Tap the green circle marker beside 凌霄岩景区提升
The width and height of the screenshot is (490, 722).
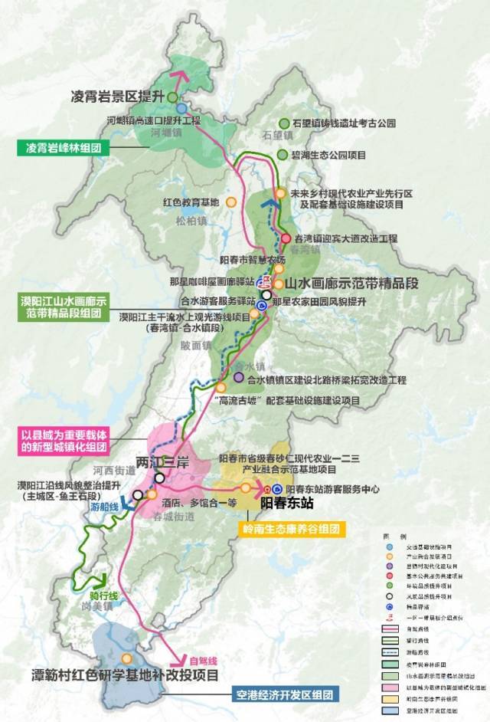171,97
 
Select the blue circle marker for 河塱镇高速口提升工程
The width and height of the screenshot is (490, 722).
181,110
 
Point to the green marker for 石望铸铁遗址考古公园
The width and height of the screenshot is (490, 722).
285,123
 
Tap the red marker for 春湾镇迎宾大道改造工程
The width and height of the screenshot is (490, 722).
285,238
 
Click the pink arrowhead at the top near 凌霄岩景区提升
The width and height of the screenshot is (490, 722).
181,75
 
